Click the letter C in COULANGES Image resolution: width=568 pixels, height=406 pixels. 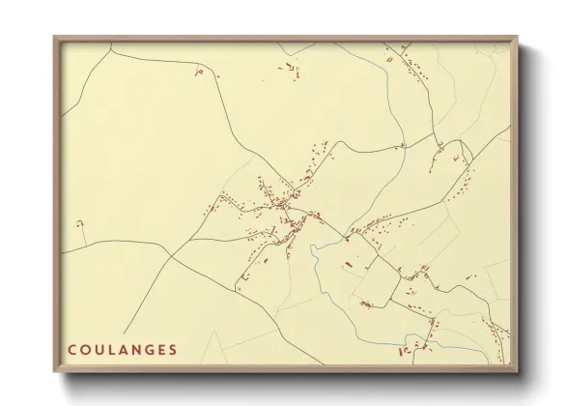pos(71,348)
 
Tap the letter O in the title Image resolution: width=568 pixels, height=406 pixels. pos(86,348)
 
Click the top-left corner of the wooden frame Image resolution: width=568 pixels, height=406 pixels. pos(54,38)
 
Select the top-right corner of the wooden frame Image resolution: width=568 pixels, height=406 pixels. pos(518,38)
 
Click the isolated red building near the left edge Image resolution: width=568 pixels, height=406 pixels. pos(80,224)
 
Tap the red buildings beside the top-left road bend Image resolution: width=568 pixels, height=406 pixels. pos(200,71)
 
